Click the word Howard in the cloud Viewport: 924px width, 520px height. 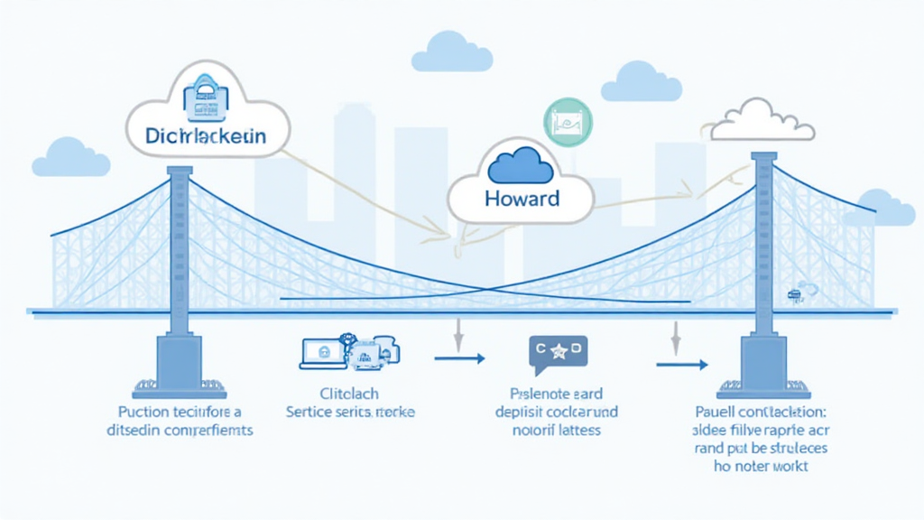pyautogui.click(x=521, y=198)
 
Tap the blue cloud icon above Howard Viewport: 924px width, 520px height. pyautogui.click(x=520, y=165)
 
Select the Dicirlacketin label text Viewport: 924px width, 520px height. pyautogui.click(x=205, y=136)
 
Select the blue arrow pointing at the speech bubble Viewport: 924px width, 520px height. pyautogui.click(x=460, y=358)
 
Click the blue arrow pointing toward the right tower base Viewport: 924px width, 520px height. pyautogui.click(x=680, y=365)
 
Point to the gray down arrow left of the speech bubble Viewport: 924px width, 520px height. pyautogui.click(x=457, y=333)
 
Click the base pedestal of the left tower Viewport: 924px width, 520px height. pyautogui.click(x=180, y=366)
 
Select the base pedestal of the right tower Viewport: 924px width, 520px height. pyautogui.click(x=763, y=365)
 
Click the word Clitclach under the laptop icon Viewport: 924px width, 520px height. pyautogui.click(x=349, y=395)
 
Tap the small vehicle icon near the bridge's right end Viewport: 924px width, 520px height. pyautogui.click(x=796, y=293)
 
